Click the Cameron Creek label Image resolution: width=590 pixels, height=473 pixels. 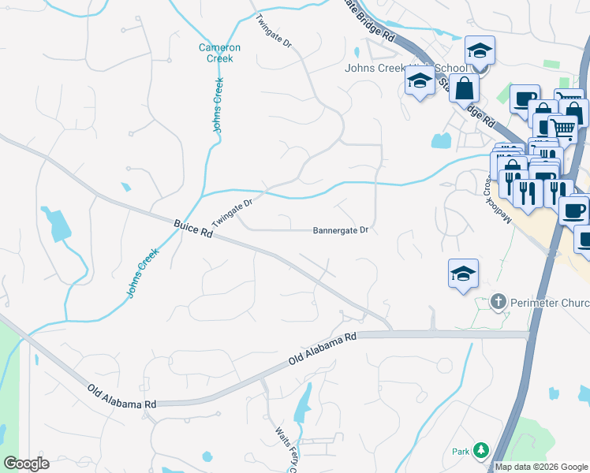coord(219,53)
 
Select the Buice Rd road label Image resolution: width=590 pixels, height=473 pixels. coord(193,229)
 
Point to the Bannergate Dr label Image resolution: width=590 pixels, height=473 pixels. coord(341,230)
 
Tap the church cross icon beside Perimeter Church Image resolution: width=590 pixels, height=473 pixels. coord(498,301)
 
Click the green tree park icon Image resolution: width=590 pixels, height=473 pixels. coord(480,451)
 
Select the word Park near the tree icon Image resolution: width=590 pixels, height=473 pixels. coord(461,452)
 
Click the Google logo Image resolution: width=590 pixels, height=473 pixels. coord(26,464)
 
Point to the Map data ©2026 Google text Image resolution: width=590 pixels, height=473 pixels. coord(541,467)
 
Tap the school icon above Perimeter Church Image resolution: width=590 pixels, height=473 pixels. coord(463,274)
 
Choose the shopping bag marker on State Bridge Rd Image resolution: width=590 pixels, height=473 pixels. coord(464,88)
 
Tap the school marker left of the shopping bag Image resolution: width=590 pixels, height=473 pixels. coord(420,80)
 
